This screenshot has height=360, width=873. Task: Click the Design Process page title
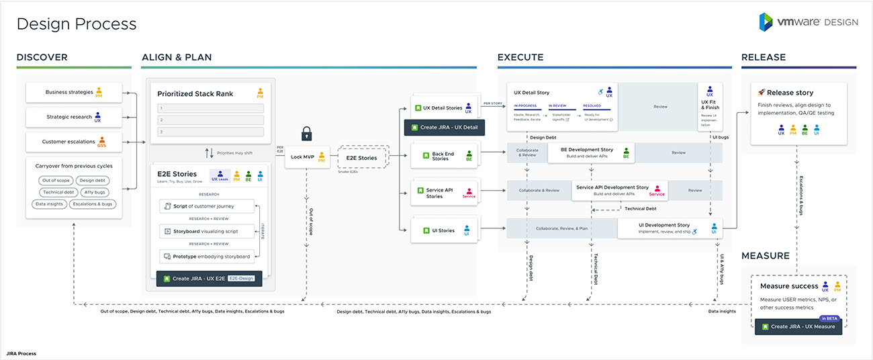77,24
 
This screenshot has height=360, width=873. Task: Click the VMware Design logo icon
766,21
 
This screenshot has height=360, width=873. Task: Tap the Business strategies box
74,92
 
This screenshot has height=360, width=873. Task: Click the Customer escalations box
74,142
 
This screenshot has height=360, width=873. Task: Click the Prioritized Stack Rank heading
195,94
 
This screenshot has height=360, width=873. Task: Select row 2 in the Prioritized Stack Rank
210,120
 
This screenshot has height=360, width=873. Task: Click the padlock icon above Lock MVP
307,134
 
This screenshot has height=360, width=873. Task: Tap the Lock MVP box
307,158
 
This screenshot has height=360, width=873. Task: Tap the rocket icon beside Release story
762,92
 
